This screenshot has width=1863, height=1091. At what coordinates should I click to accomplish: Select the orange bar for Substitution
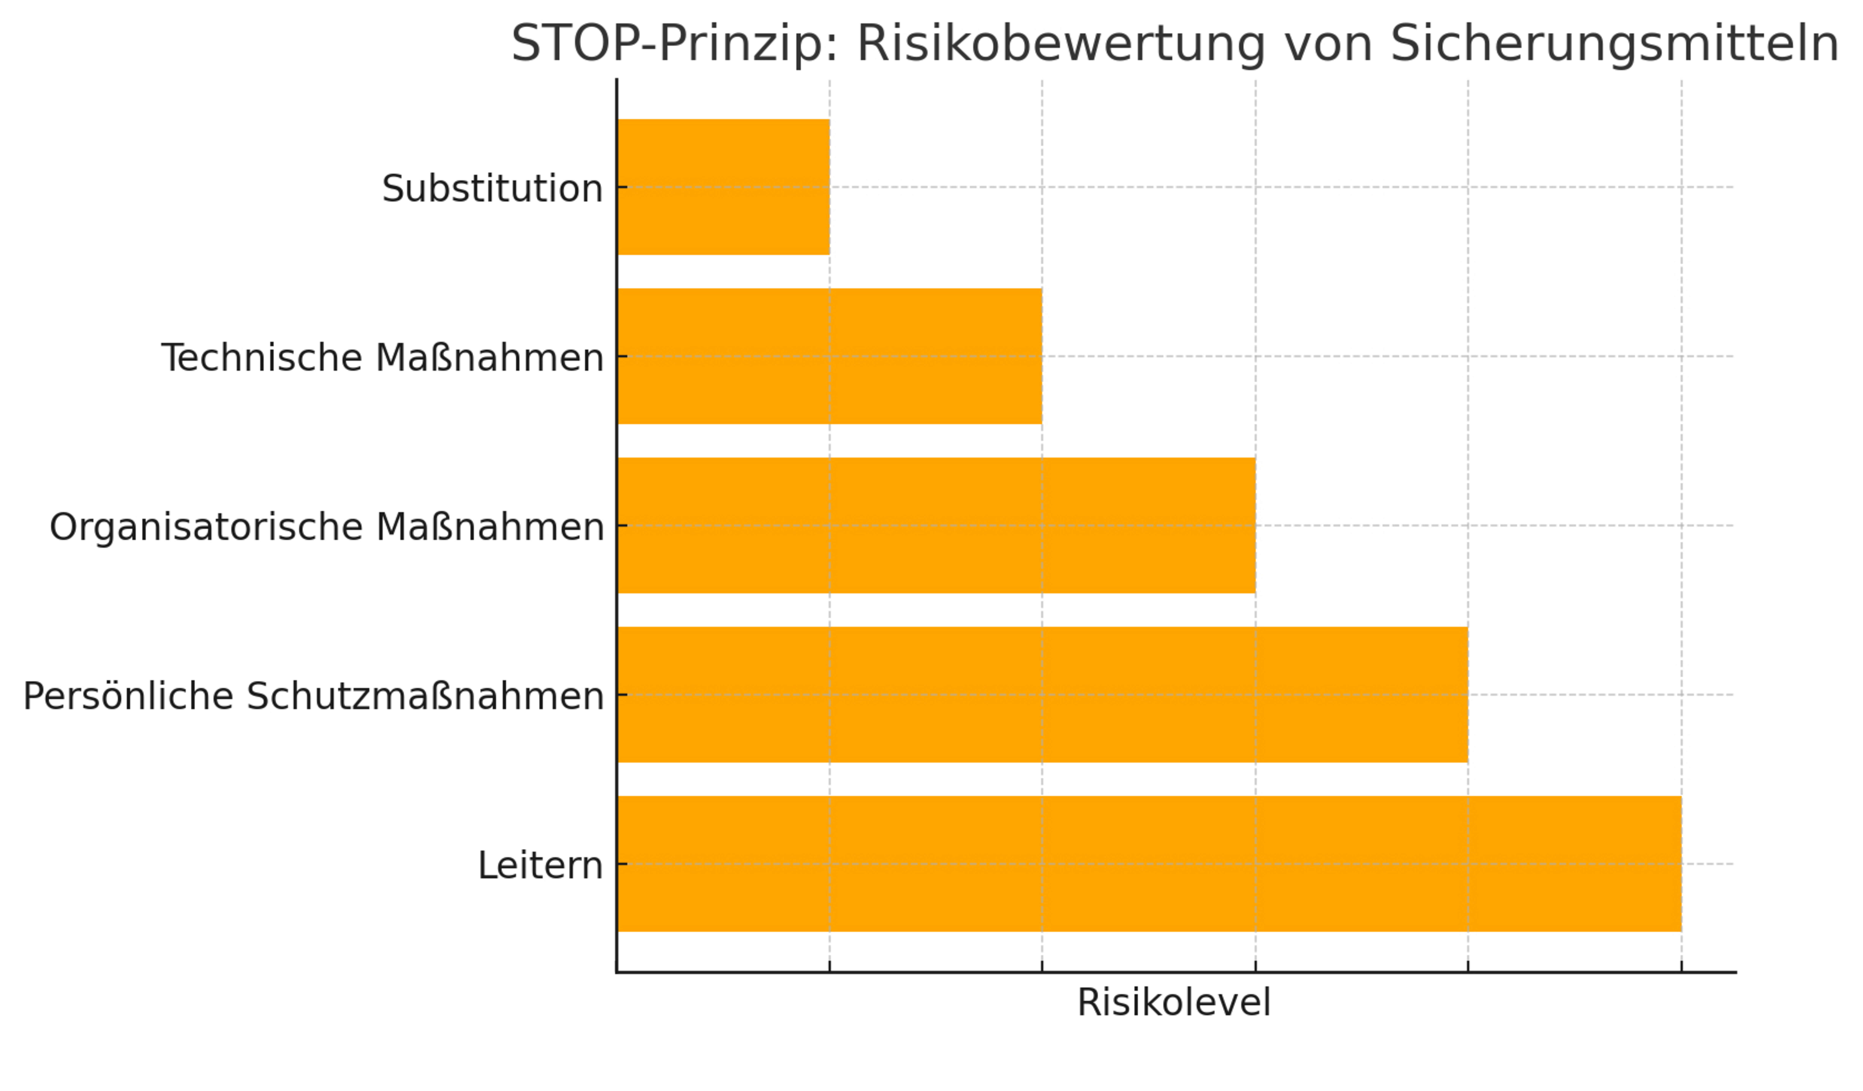723,187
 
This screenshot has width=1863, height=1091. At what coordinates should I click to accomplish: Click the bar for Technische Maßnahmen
829,357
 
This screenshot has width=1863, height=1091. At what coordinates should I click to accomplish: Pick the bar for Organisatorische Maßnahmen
936,526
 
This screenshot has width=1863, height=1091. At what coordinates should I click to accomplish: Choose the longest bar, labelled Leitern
1149,864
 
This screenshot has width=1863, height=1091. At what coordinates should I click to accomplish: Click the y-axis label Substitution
492,189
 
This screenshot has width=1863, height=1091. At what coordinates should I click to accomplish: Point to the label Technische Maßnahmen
382,358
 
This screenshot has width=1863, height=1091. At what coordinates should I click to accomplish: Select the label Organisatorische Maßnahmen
327,527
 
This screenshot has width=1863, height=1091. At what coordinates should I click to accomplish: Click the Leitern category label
541,865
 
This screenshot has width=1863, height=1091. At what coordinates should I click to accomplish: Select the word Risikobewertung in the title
1061,44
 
